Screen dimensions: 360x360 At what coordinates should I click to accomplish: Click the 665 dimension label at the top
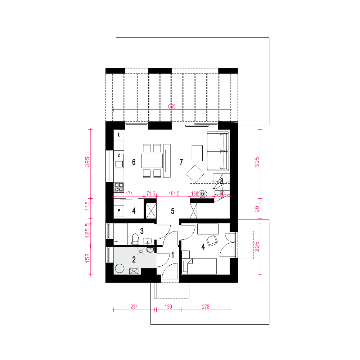[x=172, y=106]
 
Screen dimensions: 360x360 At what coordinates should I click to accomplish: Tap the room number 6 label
[x=134, y=162]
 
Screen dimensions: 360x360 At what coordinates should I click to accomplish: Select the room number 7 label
[x=181, y=162]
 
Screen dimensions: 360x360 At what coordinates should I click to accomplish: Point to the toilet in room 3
[x=135, y=239]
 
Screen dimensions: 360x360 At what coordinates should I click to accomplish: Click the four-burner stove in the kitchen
[x=119, y=187]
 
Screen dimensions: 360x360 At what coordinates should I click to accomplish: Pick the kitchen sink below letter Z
[x=119, y=164]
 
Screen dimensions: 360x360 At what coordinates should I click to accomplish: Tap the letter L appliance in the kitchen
[x=119, y=135]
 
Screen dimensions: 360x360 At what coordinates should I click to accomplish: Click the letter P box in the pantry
[x=119, y=211]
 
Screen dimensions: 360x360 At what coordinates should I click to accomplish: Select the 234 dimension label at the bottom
[x=134, y=307]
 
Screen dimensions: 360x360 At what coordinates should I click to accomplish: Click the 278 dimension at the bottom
[x=206, y=307]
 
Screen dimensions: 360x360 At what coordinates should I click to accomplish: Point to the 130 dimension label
[x=168, y=307]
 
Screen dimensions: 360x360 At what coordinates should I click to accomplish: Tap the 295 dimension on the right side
[x=257, y=247]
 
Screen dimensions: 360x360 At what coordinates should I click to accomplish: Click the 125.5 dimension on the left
[x=87, y=230]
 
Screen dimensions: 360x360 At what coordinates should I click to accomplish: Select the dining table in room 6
[x=152, y=161]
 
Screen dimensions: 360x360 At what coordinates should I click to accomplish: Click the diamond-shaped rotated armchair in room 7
[x=195, y=174]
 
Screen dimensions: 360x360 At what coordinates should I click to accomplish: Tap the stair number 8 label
[x=221, y=181]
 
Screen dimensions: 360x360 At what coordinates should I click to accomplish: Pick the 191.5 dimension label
[x=174, y=194]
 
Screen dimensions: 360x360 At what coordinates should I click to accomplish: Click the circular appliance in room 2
[x=120, y=268]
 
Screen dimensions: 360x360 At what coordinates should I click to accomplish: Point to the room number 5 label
[x=173, y=211]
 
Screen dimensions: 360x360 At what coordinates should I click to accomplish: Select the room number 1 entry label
[x=173, y=255]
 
